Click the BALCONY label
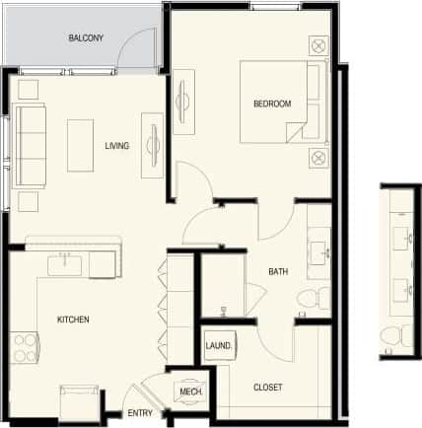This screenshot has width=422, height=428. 87,38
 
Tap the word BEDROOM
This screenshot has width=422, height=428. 272,104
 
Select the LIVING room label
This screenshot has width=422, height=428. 117,146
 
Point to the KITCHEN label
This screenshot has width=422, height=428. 73,320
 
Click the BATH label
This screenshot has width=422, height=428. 278,271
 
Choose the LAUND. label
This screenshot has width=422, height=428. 218,346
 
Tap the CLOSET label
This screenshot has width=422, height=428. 268,387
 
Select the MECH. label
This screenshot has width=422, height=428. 190,392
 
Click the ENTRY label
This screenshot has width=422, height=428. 139,413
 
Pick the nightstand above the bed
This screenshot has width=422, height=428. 318,45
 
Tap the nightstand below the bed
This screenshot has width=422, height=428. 318,157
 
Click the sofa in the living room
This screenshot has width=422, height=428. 29,145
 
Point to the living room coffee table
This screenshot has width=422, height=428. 81,146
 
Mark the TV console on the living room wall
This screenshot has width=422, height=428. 152,145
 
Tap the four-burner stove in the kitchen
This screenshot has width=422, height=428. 23,346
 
